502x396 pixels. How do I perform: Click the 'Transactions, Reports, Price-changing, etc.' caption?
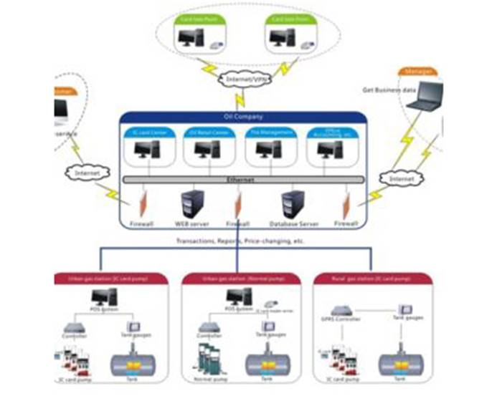pos(240,242)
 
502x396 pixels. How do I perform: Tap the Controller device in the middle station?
pos(211,328)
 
